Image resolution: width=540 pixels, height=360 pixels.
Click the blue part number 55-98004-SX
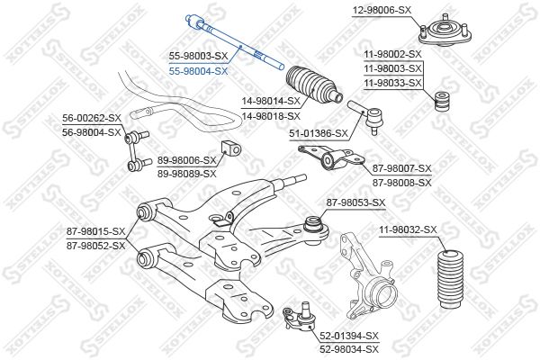tap(198, 71)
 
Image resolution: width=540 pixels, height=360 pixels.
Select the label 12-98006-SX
tap(382, 10)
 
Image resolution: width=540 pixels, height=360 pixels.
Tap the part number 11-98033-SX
tap(392, 83)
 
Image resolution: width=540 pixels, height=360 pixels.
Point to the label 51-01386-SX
tap(319, 133)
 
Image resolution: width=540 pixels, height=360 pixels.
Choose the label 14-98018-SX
tap(271, 116)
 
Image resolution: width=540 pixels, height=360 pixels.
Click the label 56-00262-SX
tap(92, 118)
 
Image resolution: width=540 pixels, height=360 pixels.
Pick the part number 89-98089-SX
tap(187, 174)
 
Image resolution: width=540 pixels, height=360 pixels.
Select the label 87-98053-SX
tap(356, 202)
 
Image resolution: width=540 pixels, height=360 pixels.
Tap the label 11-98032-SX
tap(408, 229)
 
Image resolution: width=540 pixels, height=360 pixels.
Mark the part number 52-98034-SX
tap(349, 349)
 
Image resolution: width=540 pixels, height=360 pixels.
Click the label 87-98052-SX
tap(95, 246)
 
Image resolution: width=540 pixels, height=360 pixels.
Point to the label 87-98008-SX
tap(402, 183)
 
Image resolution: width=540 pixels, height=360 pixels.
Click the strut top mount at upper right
tap(445, 31)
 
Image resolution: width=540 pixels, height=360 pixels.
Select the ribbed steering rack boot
tap(313, 84)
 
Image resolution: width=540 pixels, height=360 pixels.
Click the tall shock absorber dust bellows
tap(450, 280)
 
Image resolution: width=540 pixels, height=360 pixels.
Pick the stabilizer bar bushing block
tap(230, 149)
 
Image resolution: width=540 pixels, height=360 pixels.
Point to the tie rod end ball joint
tap(366, 116)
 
